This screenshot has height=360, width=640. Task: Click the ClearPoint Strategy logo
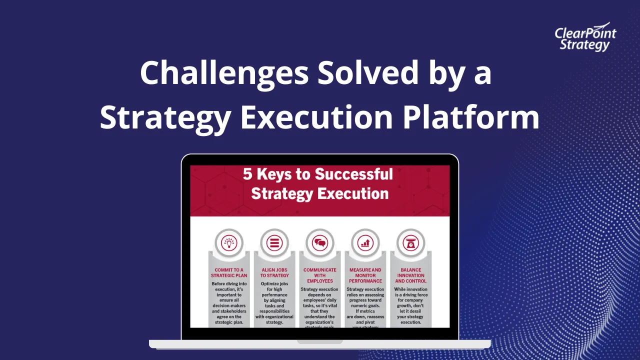point(585,37)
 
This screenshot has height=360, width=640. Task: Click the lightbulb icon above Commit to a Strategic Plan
point(229,243)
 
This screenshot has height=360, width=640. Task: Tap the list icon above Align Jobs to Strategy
point(274,243)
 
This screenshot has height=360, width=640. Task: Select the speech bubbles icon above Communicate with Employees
point(320,243)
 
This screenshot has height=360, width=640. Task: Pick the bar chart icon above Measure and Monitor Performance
point(365,243)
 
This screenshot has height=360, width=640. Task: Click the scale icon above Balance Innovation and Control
point(410,243)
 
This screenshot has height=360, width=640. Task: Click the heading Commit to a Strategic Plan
point(229,272)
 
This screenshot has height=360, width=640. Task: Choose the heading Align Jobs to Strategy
point(274,272)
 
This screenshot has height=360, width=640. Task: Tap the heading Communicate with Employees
point(320,275)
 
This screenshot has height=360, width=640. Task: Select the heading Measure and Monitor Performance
point(365,275)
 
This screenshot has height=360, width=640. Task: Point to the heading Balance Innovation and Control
point(410,275)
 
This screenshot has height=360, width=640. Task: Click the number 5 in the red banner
point(248,174)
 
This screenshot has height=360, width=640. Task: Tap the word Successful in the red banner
point(353,174)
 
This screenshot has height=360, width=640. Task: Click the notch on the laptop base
point(320,342)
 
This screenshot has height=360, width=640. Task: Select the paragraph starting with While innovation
point(410,305)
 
